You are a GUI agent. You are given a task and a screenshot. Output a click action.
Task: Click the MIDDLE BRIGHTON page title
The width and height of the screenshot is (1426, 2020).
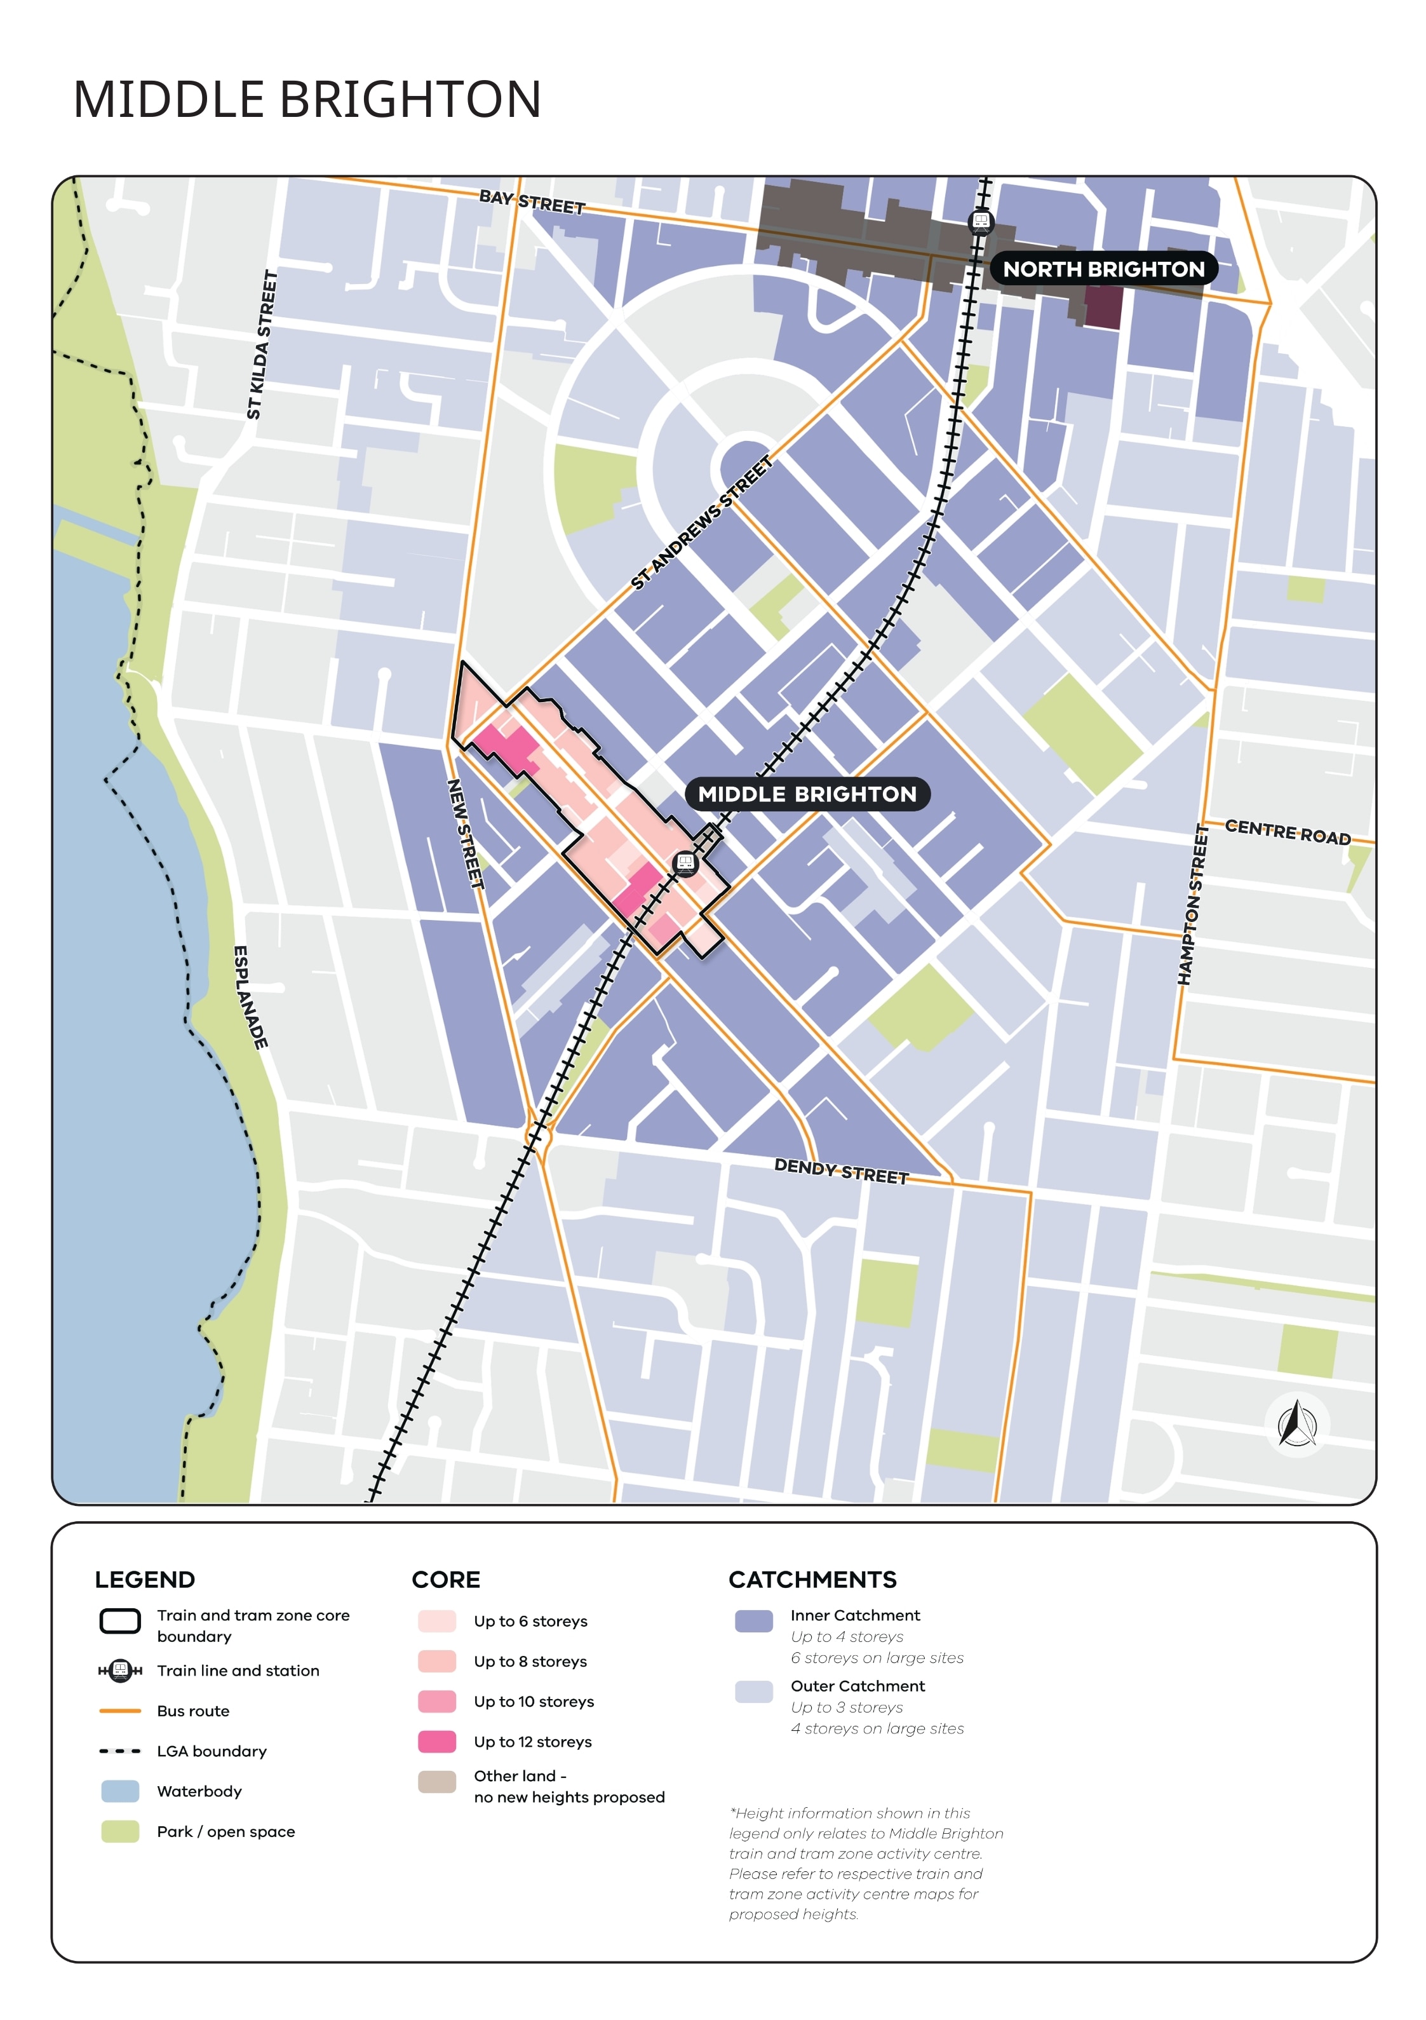(306, 98)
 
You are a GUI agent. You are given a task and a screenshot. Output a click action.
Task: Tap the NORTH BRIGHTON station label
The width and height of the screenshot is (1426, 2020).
(1103, 269)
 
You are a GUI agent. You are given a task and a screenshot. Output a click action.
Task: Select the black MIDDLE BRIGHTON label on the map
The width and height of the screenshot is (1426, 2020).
(807, 794)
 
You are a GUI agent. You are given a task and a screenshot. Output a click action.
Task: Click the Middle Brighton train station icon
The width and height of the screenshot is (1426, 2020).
(685, 862)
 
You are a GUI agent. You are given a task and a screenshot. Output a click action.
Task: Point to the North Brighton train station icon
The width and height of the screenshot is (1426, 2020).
(980, 221)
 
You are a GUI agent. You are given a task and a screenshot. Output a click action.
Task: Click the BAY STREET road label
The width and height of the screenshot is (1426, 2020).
(532, 202)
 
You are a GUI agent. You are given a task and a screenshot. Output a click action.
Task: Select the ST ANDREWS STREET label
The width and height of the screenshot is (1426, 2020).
(701, 522)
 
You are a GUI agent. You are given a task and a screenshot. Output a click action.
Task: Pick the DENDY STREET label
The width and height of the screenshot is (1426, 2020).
(840, 1171)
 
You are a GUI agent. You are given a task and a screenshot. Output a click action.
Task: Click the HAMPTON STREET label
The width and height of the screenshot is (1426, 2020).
(1193, 904)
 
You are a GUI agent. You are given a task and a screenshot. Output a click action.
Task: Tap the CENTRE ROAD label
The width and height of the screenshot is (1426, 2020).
(1286, 831)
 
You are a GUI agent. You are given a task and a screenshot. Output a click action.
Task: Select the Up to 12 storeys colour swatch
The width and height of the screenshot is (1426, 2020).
(436, 1741)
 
